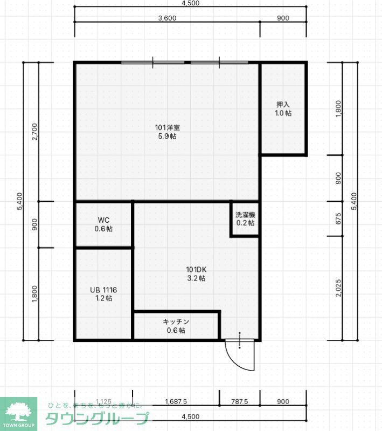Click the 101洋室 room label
167,128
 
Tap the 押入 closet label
284,105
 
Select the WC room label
103,220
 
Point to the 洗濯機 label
245,215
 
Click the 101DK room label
196,270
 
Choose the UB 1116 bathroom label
103,290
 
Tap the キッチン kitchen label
176,321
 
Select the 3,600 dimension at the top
167,18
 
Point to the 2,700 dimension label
35,132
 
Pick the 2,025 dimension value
338,289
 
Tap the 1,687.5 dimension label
176,402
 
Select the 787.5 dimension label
239,402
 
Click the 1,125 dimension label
103,402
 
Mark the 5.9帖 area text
167,136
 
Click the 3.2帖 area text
196,278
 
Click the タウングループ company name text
97,418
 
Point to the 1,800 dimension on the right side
338,108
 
